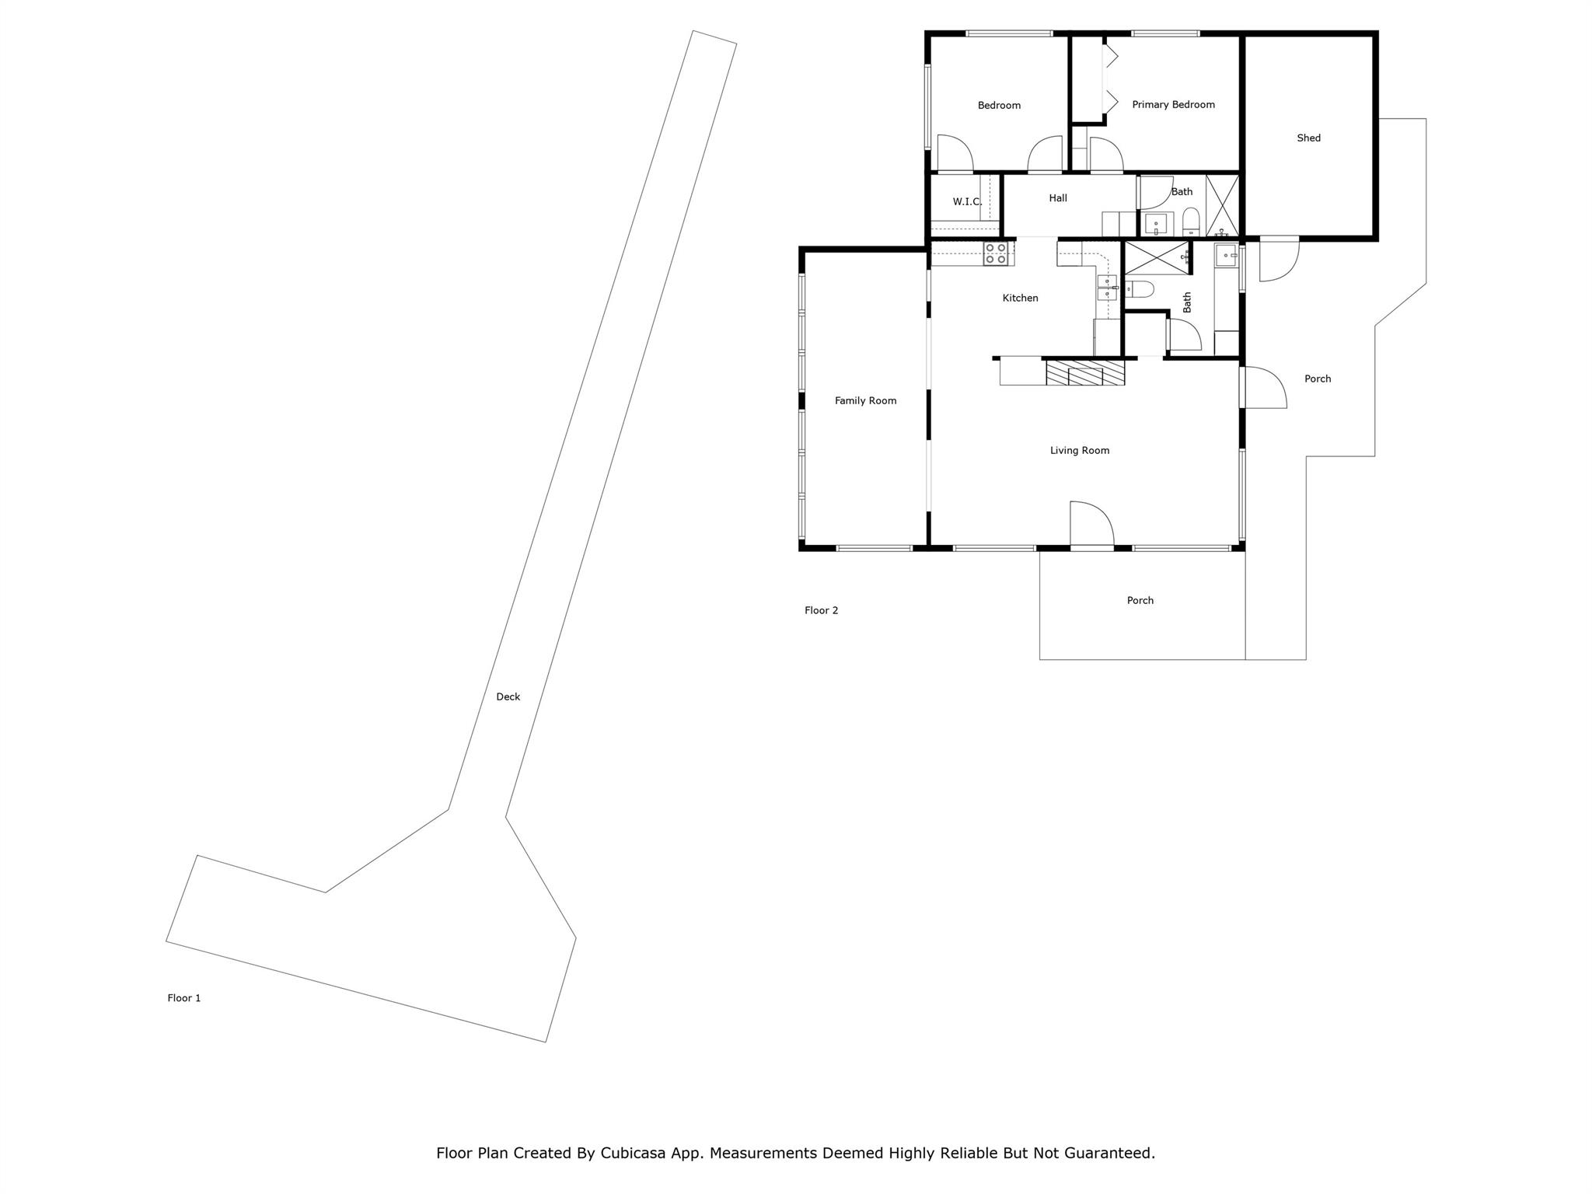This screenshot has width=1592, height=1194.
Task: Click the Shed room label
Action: tap(1308, 138)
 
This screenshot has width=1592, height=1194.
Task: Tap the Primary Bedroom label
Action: tap(1173, 104)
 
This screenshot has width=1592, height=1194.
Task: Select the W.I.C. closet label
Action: tap(966, 201)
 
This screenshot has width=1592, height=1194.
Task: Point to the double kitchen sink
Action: tap(1107, 287)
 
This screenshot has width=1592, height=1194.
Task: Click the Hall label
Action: tap(1058, 198)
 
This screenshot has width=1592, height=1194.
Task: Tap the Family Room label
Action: tap(865, 400)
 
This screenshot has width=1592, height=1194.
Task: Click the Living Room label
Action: tap(1079, 450)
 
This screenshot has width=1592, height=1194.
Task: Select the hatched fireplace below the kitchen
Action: tap(1085, 372)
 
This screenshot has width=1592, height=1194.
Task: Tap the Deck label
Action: tap(508, 696)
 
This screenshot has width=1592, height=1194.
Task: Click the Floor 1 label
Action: tap(184, 998)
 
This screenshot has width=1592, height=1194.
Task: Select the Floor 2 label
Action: tap(821, 610)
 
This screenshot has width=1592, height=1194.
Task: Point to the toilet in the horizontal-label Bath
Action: tap(1191, 222)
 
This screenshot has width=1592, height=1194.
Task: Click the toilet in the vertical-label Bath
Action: tap(1140, 290)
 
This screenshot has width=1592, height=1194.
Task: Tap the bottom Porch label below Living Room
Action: tap(1140, 600)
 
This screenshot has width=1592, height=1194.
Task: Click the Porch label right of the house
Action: tap(1317, 379)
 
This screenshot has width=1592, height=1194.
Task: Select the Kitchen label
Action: tap(1020, 298)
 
